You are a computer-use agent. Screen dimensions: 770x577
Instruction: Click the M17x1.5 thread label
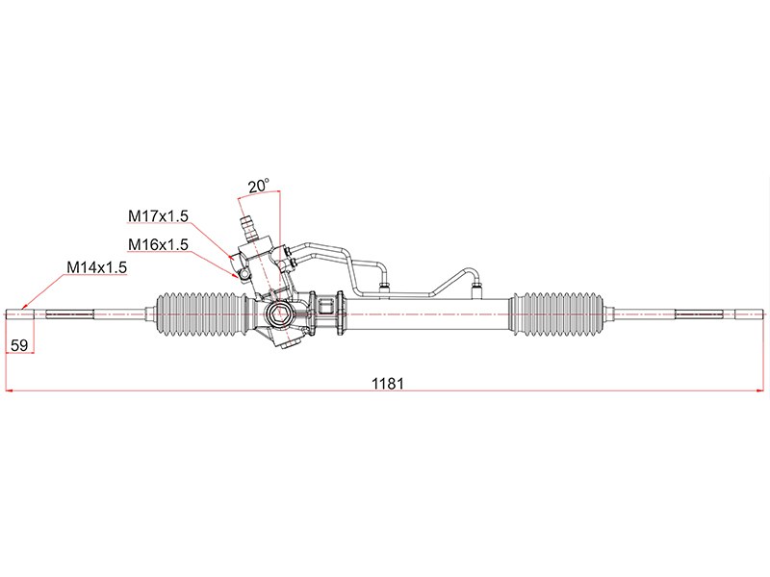tap(158, 215)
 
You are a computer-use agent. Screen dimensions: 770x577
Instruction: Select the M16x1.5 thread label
tap(158, 244)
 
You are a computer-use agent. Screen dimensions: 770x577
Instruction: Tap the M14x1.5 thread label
tap(97, 267)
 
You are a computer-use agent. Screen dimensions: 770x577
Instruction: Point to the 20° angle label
tap(258, 186)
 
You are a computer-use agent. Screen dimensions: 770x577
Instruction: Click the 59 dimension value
tap(19, 345)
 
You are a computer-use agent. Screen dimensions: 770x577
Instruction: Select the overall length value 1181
tap(388, 383)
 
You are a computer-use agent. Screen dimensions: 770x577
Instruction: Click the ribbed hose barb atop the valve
tap(249, 228)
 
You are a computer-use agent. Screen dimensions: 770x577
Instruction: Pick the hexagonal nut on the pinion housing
tap(279, 314)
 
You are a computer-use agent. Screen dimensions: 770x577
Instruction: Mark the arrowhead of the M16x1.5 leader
tap(236, 275)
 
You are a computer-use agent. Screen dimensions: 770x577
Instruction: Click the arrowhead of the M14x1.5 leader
tap(24, 308)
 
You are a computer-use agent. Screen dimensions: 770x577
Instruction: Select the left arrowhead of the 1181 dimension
tap(10, 391)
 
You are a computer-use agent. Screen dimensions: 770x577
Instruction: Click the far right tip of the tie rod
tap(764, 314)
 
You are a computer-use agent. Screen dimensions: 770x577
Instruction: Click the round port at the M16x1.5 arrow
tap(244, 274)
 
